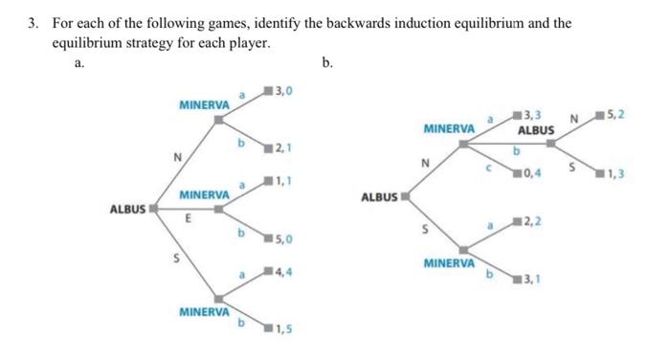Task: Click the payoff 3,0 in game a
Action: (284, 91)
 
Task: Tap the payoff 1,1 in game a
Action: (284, 182)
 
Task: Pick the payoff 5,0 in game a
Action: (284, 239)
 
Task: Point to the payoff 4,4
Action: (284, 273)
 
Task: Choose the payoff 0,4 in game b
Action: (532, 173)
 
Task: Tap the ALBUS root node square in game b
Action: (404, 196)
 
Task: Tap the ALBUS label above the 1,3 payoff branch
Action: (536, 129)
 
